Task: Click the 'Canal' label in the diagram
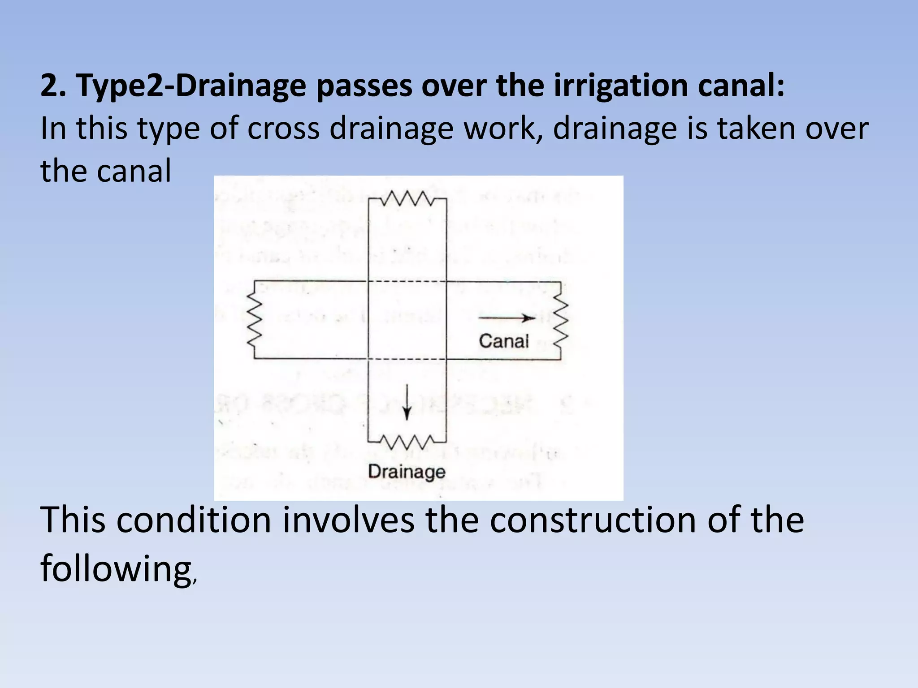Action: point(504,341)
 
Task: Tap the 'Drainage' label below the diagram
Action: point(407,472)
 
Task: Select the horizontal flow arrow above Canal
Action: point(507,318)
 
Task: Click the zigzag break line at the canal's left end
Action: point(254,320)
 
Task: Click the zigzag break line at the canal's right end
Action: point(561,320)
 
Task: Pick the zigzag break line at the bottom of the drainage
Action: point(407,442)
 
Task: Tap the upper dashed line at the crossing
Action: point(407,282)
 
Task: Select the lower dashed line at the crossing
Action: point(407,359)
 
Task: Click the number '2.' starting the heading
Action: point(53,86)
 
